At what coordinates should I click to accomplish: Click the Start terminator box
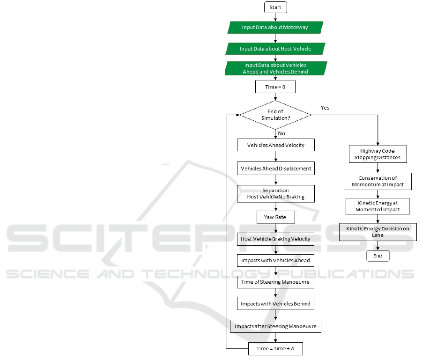coord(275,7)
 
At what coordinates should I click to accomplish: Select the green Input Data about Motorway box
coord(275,28)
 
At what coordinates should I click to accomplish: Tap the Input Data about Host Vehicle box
coord(275,49)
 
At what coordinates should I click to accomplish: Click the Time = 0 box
coord(275,87)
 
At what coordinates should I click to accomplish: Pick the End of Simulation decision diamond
coord(275,115)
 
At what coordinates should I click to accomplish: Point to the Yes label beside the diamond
coord(325,108)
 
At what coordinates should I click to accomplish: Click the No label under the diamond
coord(281,133)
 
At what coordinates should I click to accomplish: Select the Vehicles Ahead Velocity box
coord(275,145)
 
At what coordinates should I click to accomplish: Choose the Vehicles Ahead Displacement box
coord(275,169)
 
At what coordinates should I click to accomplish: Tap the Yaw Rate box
coord(275,217)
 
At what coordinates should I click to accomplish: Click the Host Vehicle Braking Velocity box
coord(275,239)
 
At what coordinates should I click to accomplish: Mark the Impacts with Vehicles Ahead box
coord(275,260)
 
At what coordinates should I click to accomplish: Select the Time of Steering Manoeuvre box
coord(275,282)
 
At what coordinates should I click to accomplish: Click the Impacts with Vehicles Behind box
coord(275,303)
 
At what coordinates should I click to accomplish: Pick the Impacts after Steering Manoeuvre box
coord(275,326)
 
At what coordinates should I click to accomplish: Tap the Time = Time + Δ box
coord(275,349)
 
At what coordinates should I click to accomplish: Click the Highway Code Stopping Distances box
coord(378,154)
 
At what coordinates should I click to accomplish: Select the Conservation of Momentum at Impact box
coord(378,181)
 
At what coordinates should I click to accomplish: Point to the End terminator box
coord(378,256)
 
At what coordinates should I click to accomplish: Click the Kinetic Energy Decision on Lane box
coord(378,232)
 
